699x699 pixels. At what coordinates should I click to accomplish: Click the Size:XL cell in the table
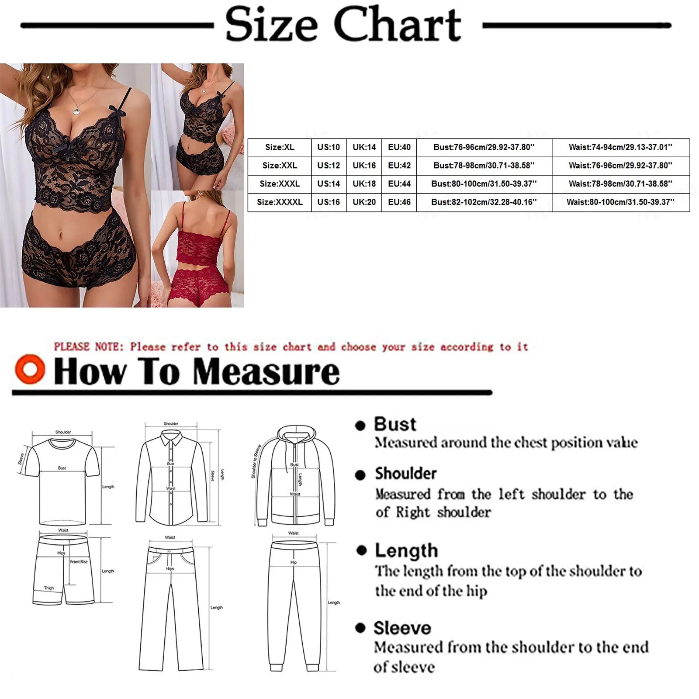tap(280, 147)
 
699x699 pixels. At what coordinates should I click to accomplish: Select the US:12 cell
tap(329, 166)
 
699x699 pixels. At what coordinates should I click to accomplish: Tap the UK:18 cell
tap(364, 184)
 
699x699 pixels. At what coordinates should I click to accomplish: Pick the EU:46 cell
tap(399, 202)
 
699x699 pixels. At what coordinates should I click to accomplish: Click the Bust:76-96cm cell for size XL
tap(484, 147)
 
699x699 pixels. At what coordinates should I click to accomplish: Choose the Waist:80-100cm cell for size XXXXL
tap(620, 202)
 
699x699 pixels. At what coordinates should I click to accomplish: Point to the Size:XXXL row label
tap(280, 184)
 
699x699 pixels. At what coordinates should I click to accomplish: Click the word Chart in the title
tap(397, 25)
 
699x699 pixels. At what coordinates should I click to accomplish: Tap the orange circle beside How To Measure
tap(30, 369)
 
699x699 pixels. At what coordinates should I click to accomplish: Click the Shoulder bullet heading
tap(405, 474)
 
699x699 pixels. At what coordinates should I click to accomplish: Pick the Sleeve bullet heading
tap(402, 628)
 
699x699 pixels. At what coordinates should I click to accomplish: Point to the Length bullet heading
tap(406, 550)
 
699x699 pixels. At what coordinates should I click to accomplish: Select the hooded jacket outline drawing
tap(295, 476)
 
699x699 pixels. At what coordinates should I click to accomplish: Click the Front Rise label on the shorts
tap(79, 562)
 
